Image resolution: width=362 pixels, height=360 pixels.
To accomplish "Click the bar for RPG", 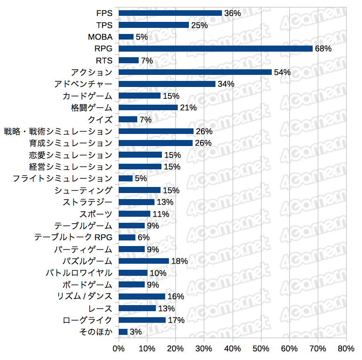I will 215,48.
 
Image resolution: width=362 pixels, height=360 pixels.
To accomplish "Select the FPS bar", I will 170,13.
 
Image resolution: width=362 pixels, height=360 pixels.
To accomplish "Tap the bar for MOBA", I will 126,37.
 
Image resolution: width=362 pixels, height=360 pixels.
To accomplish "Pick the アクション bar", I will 195,72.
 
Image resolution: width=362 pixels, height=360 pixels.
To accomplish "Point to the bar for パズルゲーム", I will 144,261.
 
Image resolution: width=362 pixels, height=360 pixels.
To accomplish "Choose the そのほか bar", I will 123,332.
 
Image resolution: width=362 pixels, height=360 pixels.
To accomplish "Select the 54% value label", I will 282,72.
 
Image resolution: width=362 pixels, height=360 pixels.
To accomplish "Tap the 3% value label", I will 135,332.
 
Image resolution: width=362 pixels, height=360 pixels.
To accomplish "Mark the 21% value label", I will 188,107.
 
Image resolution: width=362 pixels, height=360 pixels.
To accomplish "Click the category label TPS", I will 104,25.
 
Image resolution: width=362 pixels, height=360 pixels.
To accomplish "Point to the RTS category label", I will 104,60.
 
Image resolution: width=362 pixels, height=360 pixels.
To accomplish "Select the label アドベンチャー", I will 83,84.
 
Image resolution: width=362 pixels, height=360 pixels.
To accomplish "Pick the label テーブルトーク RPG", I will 73,237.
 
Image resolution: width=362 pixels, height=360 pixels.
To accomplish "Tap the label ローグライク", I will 87,320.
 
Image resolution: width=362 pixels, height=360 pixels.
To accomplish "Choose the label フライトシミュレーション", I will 62,178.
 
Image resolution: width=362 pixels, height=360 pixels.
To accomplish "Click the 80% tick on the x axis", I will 346,348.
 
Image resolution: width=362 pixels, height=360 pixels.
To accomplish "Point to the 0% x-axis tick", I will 119,348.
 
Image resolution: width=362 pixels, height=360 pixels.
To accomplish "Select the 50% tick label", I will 261,348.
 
